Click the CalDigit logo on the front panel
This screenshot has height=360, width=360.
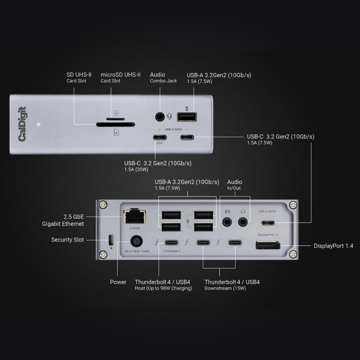coord(23,124)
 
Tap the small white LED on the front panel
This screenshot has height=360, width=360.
coord(38,124)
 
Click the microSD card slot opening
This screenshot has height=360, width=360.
coord(116,119)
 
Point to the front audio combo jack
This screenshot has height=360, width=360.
coord(160,117)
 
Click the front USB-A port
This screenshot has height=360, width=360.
coord(187,117)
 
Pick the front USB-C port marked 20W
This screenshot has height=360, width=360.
coord(160,138)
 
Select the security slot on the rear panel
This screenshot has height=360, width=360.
coord(111,240)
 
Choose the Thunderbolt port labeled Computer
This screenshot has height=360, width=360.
coord(171,242)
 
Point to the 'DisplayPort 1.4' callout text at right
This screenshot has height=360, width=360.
coord(333,246)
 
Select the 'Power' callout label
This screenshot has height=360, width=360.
coord(118,282)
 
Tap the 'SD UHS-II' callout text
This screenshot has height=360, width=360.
coord(79,75)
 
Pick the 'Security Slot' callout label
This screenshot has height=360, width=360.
coord(67,240)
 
